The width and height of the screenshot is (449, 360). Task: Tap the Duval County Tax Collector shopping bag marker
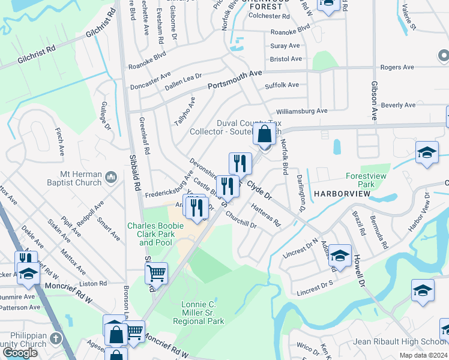coord(264,134)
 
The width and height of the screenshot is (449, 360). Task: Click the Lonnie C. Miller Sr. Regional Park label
coord(203,313)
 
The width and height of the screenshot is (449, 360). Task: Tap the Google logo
coord(20,353)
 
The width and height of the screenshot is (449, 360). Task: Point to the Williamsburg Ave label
coord(301,111)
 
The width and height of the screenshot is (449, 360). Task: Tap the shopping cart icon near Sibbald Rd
coord(156,273)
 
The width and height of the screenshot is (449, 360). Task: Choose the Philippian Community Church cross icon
coord(56,337)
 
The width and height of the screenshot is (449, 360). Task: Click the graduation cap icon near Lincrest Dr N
coord(340,256)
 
